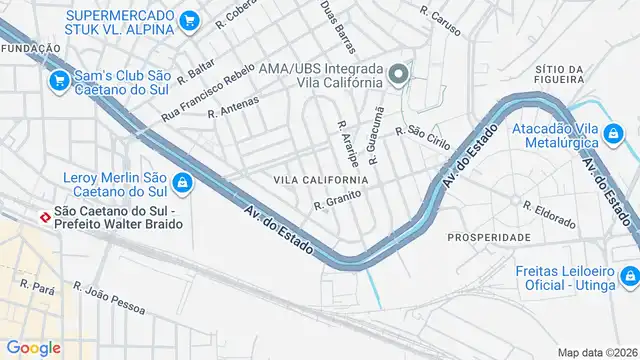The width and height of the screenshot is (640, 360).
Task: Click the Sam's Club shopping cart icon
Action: click(59, 80)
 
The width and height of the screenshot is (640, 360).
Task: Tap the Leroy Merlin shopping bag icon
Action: click(183, 182)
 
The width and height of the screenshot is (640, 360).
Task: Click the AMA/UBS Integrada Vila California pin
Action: click(398, 74)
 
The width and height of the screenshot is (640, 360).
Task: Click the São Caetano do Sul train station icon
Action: click(44, 215)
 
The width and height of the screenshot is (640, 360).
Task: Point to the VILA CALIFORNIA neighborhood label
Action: click(320, 180)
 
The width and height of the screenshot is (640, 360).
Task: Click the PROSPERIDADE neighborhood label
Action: click(489, 237)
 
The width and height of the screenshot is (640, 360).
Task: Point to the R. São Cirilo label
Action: click(423, 136)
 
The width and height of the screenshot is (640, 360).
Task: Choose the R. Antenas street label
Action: click(233, 107)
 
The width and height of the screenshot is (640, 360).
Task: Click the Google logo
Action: click(33, 347)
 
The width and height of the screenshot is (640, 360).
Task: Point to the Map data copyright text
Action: click(597, 352)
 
